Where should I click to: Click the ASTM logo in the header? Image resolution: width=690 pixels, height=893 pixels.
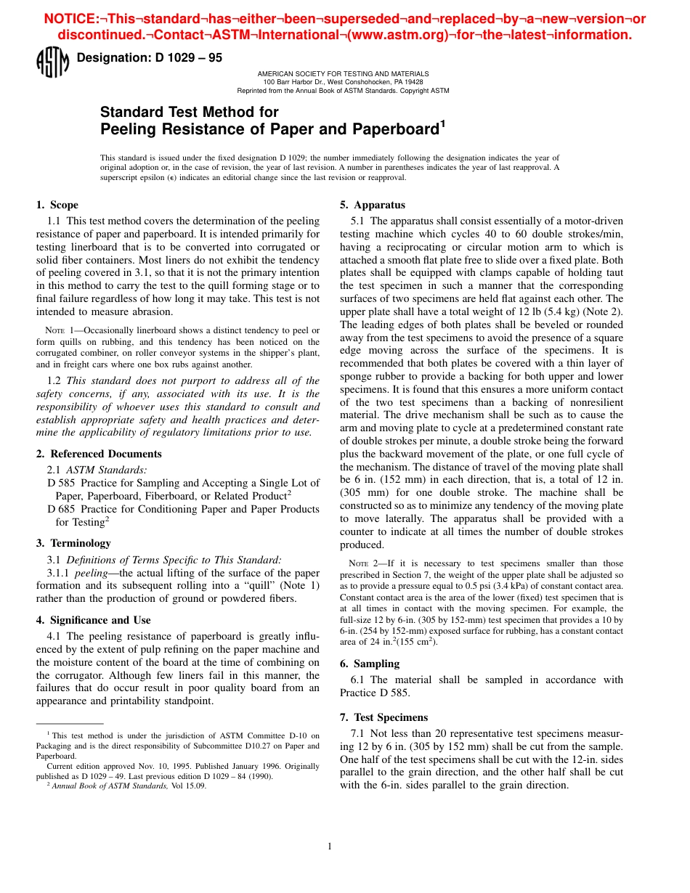[x=52, y=61]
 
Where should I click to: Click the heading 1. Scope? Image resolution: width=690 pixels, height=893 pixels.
[x=57, y=205]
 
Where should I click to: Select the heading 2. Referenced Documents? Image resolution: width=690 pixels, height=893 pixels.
[x=99, y=454]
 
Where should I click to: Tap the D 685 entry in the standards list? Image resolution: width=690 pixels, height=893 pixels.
[x=61, y=509]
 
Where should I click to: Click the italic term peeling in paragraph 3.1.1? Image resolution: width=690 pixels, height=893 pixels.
[x=92, y=573]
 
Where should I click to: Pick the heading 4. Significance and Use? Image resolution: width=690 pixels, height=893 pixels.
[x=93, y=620]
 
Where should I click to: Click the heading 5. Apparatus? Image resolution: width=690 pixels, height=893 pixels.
[x=373, y=205]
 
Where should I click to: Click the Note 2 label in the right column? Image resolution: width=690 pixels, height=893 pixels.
[x=366, y=563]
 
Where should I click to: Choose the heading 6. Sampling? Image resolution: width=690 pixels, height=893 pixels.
[x=370, y=664]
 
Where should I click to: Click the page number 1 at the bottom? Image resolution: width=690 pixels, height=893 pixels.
[x=330, y=846]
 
